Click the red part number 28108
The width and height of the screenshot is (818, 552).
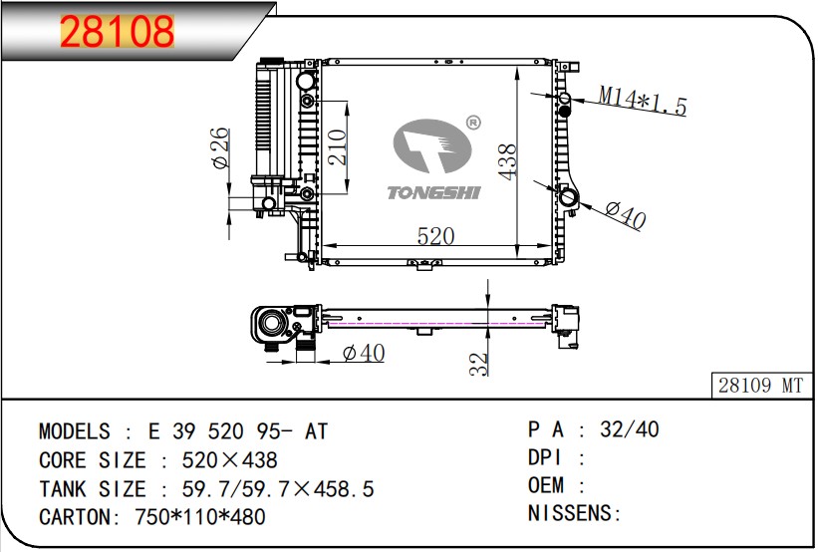(x=118, y=33)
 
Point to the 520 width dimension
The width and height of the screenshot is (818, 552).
(x=435, y=236)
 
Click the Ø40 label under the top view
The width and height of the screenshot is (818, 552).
(x=363, y=353)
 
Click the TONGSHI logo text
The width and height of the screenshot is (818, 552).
(x=433, y=191)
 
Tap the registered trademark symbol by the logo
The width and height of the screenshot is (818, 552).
(x=473, y=123)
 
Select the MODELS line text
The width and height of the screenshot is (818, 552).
(x=183, y=431)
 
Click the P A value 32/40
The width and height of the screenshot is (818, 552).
(x=629, y=429)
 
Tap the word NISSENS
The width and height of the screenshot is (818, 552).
(x=570, y=514)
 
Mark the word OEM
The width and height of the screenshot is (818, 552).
(x=546, y=485)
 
